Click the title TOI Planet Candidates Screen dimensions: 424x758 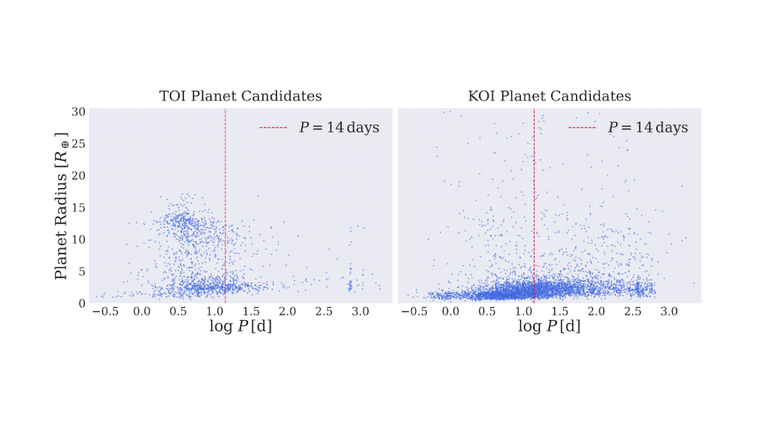coord(240,96)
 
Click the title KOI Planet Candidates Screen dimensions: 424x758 coord(549,96)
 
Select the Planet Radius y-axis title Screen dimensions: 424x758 coord(61,206)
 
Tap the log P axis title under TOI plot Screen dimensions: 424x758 coord(240,327)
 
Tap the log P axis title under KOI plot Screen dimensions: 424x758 coord(549,327)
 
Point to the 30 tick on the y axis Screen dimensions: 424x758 coord(79,112)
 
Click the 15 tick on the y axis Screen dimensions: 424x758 coord(79,207)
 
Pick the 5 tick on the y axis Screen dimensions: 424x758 coord(83,271)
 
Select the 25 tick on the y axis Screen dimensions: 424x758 coord(79,144)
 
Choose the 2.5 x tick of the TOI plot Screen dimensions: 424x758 coord(323,311)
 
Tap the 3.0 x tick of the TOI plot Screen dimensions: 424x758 coord(360,311)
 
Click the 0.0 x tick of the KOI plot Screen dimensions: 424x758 coord(451,311)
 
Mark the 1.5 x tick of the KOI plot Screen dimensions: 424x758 coord(560,311)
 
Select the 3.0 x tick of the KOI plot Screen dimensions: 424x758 coord(669,311)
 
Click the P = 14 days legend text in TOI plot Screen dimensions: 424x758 coord(339,128)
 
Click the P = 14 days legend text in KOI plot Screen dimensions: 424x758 coord(647,128)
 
